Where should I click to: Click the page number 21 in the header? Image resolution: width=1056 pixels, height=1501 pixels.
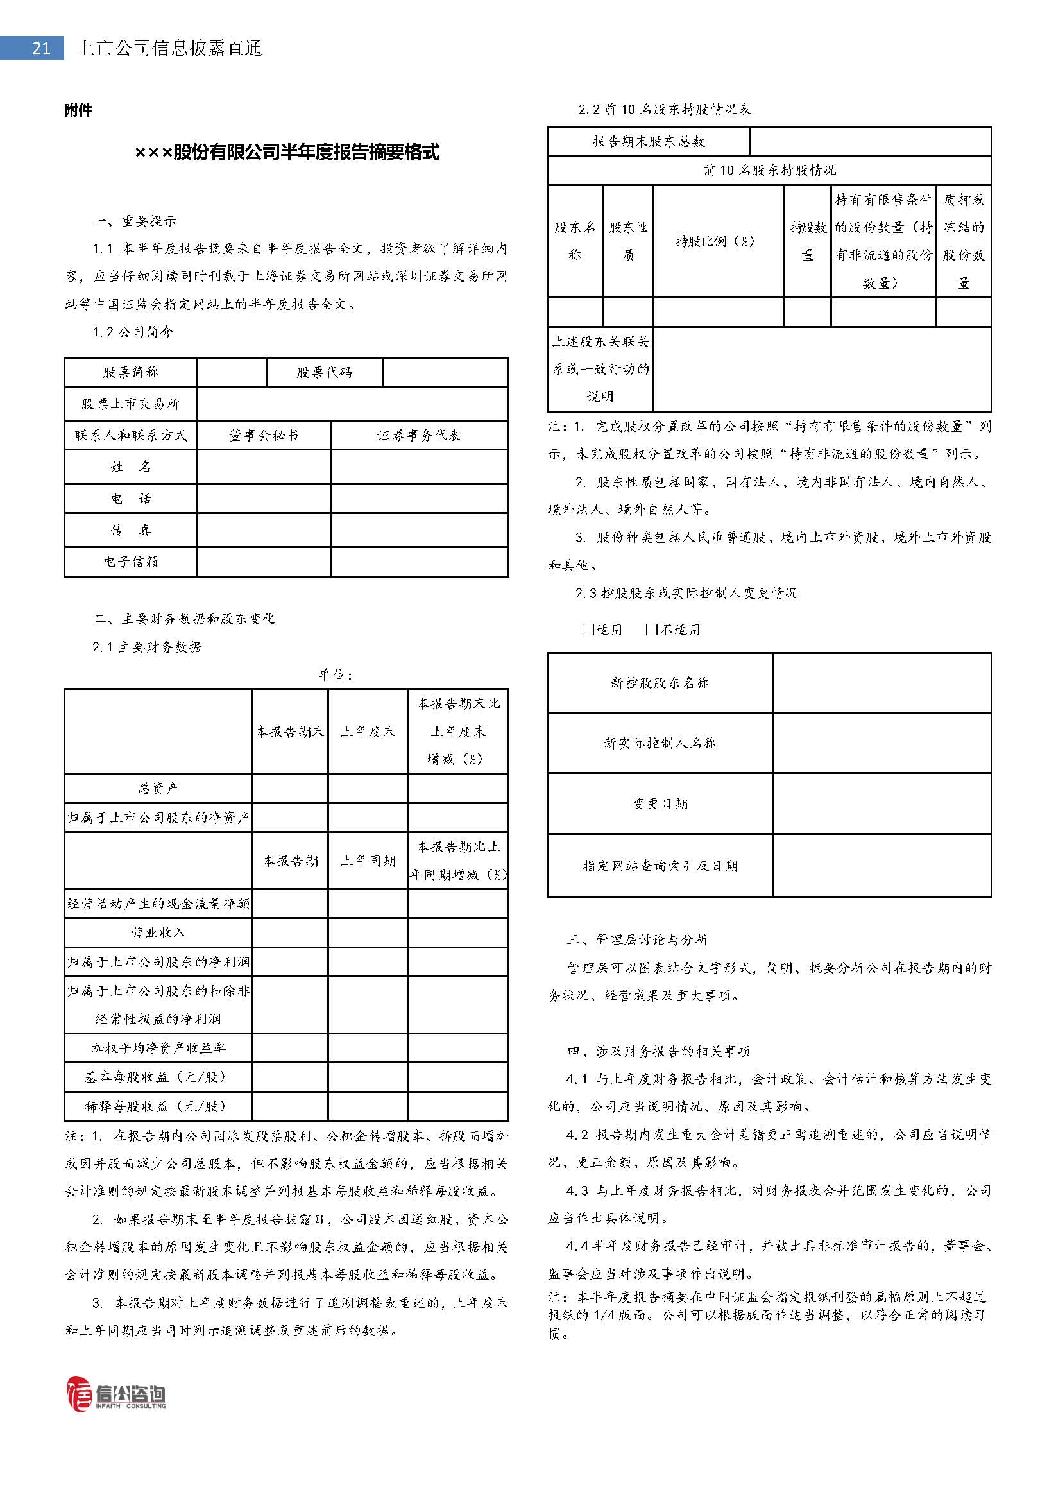(x=40, y=48)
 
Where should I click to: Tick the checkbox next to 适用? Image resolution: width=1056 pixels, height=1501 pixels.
(x=588, y=630)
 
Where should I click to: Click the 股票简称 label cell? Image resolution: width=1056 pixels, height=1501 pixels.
(x=131, y=372)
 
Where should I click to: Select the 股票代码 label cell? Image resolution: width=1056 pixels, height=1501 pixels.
(x=324, y=372)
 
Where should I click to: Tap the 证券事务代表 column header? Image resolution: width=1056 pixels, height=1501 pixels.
(x=419, y=435)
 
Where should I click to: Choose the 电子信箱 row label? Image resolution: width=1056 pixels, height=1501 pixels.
(x=131, y=562)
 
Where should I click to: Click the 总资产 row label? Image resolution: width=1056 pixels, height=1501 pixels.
(x=158, y=789)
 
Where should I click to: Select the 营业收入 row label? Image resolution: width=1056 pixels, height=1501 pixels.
(x=158, y=932)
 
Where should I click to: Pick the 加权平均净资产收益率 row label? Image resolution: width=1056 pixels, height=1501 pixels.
(x=158, y=1048)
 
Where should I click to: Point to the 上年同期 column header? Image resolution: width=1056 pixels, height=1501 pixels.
(x=368, y=861)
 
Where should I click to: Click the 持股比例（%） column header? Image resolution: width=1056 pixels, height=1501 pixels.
(x=717, y=241)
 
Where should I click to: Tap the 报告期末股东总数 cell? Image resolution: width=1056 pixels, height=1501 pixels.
(x=648, y=141)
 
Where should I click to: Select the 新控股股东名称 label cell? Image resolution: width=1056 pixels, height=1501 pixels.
(x=660, y=683)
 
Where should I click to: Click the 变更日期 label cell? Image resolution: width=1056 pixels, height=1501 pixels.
(x=660, y=803)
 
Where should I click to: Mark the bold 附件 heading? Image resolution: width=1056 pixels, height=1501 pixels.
(x=78, y=110)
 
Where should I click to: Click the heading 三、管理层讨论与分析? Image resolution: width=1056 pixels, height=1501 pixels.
(x=637, y=939)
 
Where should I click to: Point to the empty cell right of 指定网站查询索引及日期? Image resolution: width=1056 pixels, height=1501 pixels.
(x=881, y=866)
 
